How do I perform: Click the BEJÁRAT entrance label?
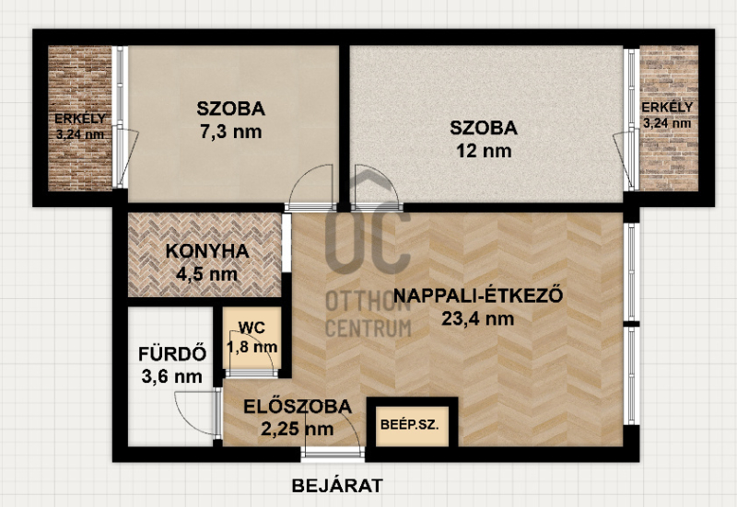click(337, 486)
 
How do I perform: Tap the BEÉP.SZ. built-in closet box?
click(412, 425)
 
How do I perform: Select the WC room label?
click(252, 328)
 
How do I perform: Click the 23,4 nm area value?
click(477, 318)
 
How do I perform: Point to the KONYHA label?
click(207, 251)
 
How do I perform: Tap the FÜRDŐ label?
click(172, 354)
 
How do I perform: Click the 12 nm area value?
click(484, 151)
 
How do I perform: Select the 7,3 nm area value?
click(231, 132)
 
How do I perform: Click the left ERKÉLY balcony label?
click(80, 119)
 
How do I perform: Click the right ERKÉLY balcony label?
click(667, 107)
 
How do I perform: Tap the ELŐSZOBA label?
click(298, 406)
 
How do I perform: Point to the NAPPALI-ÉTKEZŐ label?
click(478, 295)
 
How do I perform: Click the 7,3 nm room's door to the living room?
click(310, 188)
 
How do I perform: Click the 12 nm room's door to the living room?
click(378, 188)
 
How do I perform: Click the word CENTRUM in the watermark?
click(368, 328)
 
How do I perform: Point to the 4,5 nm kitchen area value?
click(206, 273)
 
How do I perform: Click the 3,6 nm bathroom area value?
click(172, 376)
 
